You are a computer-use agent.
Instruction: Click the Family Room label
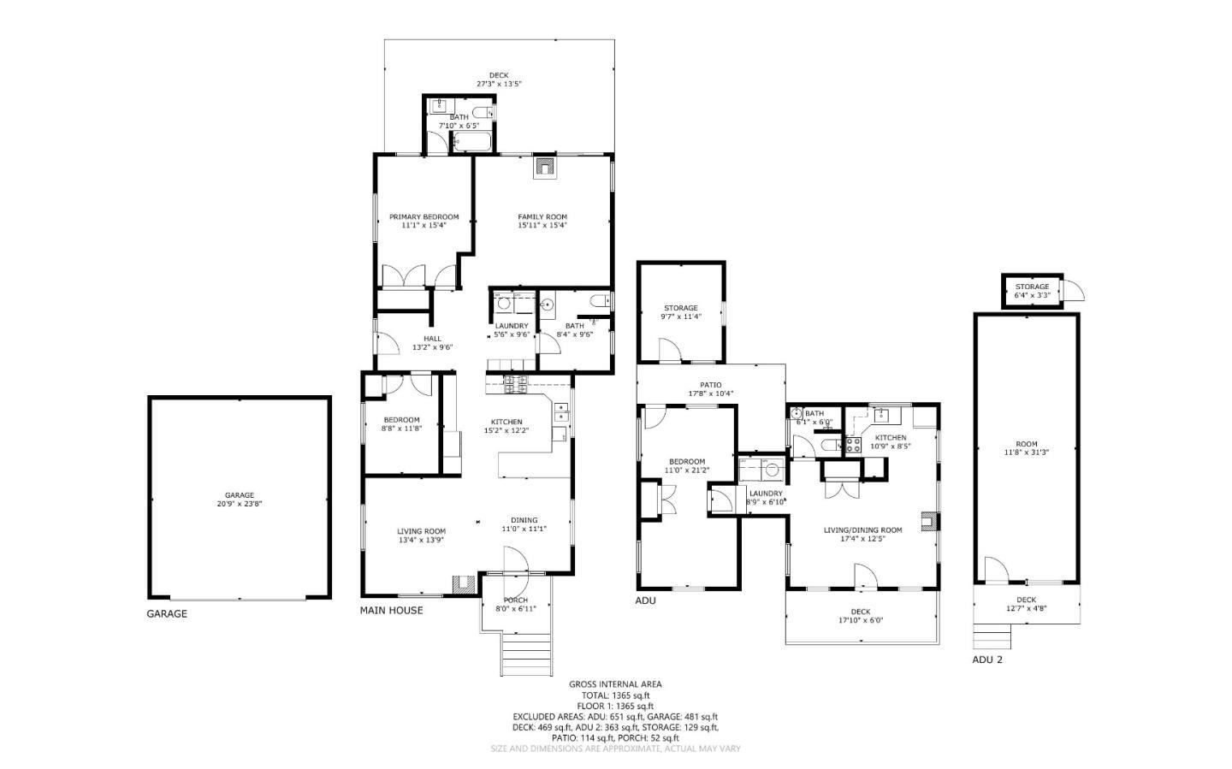pyautogui.click(x=542, y=217)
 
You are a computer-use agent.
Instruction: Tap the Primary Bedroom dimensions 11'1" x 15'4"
pyautogui.click(x=423, y=226)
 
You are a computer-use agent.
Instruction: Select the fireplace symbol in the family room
pyautogui.click(x=545, y=167)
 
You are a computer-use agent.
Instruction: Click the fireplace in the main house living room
pyautogui.click(x=463, y=584)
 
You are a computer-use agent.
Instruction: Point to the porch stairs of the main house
pyautogui.click(x=518, y=654)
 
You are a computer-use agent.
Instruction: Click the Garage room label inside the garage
pyautogui.click(x=240, y=495)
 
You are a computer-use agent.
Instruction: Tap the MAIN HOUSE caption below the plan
pyautogui.click(x=391, y=611)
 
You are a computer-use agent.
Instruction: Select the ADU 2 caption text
pyautogui.click(x=986, y=660)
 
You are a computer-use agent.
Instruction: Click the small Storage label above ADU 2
pyautogui.click(x=1032, y=287)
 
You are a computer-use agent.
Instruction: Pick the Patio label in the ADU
pyautogui.click(x=711, y=385)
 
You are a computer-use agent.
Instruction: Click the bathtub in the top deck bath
pyautogui.click(x=472, y=142)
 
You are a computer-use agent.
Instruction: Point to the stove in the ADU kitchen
pyautogui.click(x=853, y=445)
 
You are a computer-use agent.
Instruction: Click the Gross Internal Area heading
pyautogui.click(x=615, y=684)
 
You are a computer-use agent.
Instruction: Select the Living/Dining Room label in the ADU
pyautogui.click(x=862, y=530)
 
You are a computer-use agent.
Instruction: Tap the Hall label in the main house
pyautogui.click(x=432, y=339)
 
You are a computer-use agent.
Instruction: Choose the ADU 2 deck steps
pyautogui.click(x=992, y=636)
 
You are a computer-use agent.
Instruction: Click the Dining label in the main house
pyautogui.click(x=524, y=520)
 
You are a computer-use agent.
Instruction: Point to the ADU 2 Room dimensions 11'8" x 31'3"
pyautogui.click(x=1026, y=453)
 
